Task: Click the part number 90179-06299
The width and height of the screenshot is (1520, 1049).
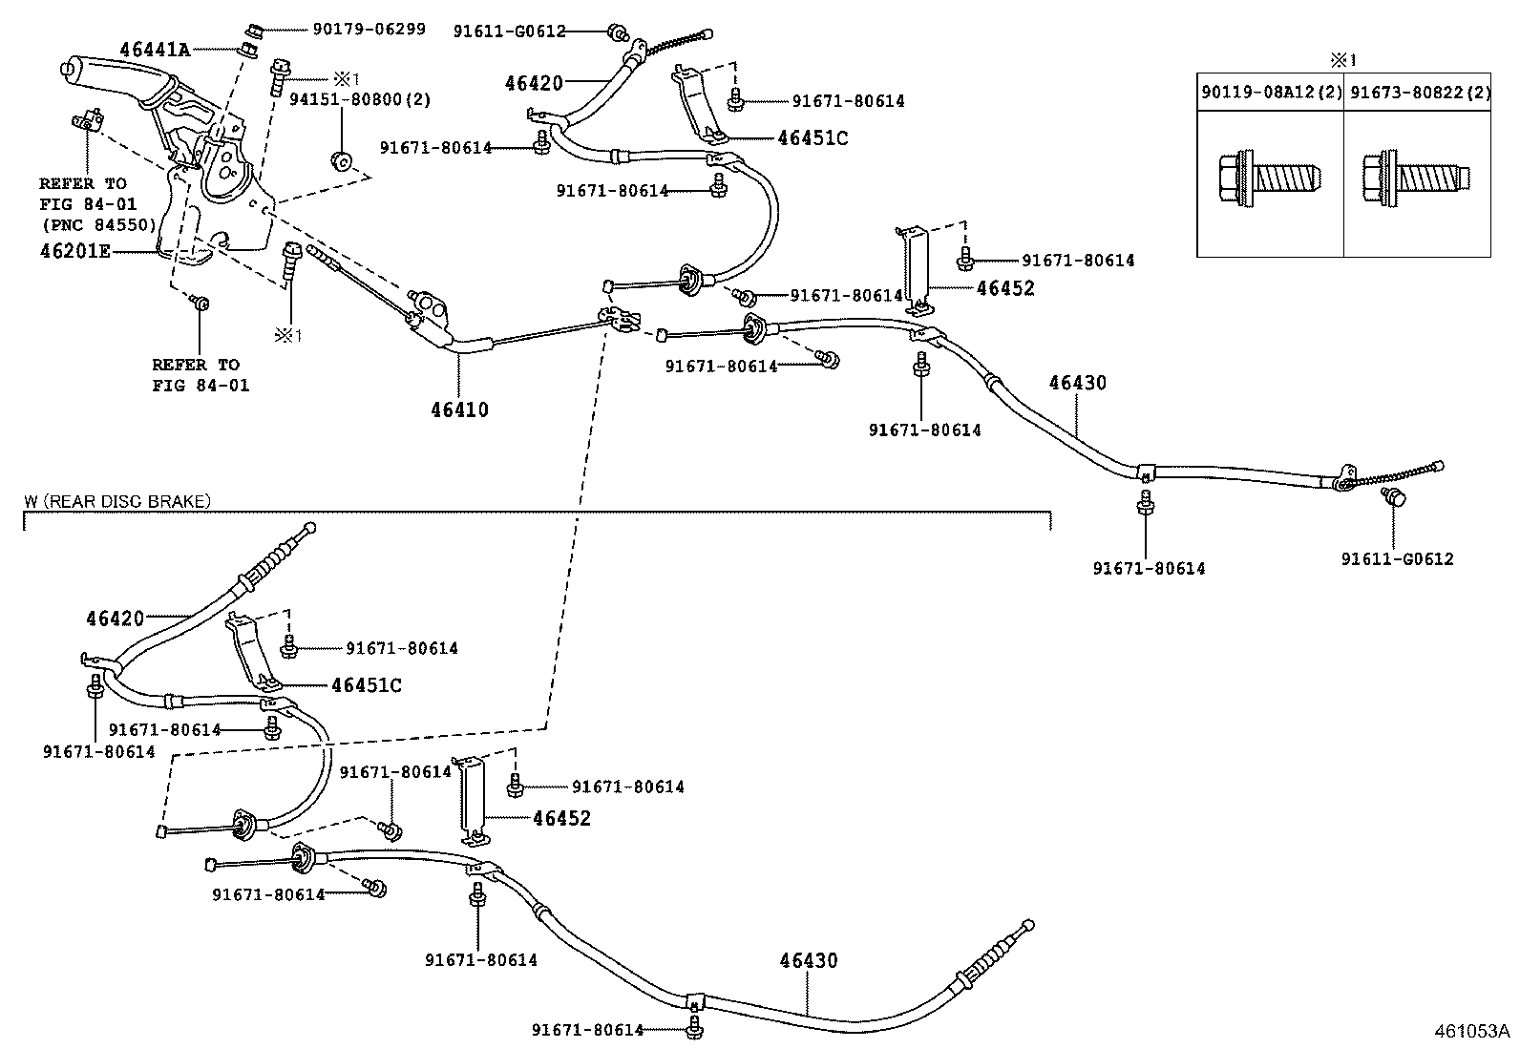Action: (x=369, y=30)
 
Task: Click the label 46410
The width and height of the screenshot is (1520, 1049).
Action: (x=459, y=409)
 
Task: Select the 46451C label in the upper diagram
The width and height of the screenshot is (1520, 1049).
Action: (x=813, y=137)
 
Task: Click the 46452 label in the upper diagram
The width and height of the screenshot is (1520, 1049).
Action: (x=1005, y=288)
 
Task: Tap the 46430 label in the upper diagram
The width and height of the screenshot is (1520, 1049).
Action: (x=1077, y=383)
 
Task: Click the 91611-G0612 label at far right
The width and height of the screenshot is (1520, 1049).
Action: (x=1397, y=558)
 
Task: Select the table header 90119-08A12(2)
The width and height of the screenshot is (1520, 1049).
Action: (x=1271, y=93)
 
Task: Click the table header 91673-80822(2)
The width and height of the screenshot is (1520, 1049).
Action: (x=1417, y=93)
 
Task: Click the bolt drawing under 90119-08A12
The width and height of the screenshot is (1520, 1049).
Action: (x=1271, y=178)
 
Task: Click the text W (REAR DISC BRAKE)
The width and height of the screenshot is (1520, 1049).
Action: (x=117, y=500)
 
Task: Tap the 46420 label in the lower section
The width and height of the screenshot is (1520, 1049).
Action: (x=115, y=618)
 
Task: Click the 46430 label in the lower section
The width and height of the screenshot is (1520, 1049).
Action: (x=808, y=960)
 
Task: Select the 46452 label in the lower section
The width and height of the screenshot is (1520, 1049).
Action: (x=561, y=818)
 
